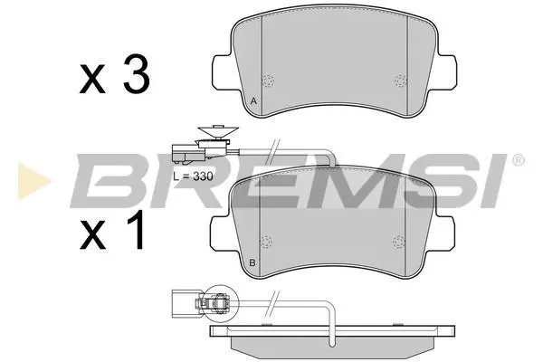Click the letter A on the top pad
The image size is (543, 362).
[253, 101]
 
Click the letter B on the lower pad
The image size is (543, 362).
[252, 263]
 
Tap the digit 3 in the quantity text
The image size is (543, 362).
[137, 73]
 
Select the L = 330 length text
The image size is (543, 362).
[193, 176]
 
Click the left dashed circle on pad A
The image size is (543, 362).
[268, 81]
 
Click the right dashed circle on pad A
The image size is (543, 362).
[401, 81]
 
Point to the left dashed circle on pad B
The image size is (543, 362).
[266, 242]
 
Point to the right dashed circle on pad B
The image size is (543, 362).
[398, 242]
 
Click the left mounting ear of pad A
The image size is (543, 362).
[222, 71]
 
